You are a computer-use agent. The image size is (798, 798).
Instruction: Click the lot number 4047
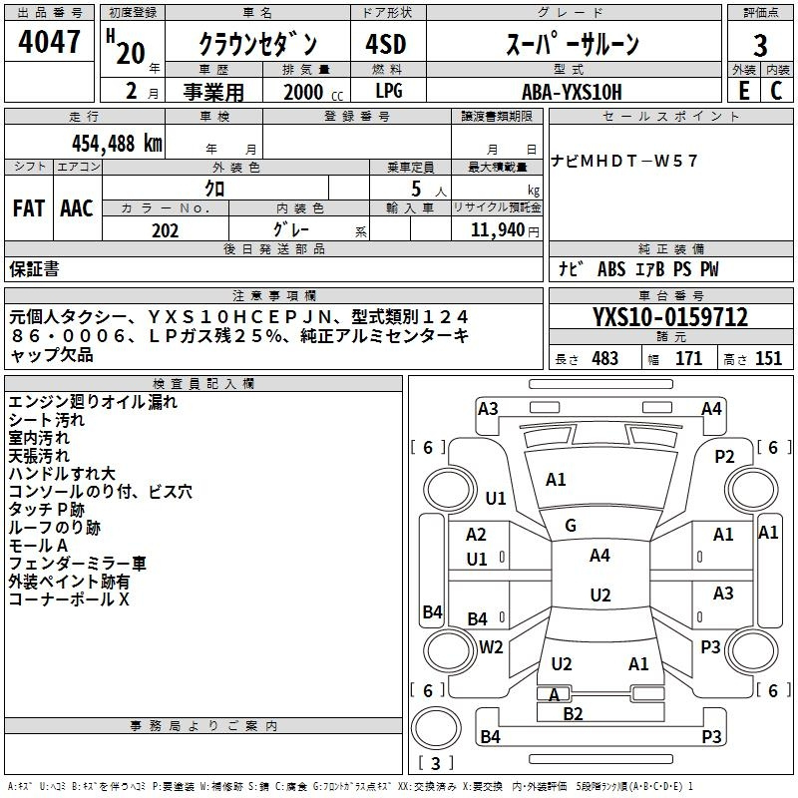[49, 42]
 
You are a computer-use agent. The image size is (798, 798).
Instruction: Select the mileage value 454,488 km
[117, 144]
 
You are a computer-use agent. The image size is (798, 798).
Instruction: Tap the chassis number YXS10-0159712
[670, 317]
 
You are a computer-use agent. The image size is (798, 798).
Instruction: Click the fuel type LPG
[389, 91]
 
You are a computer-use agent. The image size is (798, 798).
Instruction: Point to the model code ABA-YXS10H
[572, 92]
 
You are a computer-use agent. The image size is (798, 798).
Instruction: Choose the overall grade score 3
[760, 46]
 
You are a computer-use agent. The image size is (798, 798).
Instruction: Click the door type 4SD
[386, 44]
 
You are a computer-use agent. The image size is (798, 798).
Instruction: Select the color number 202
[165, 230]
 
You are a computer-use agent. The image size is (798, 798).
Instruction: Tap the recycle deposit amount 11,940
[498, 230]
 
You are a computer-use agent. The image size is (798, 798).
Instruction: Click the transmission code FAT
[29, 208]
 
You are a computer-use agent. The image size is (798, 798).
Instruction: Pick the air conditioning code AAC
[77, 208]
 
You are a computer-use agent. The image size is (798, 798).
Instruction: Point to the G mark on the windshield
[571, 526]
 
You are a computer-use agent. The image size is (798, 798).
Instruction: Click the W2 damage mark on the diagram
[491, 647]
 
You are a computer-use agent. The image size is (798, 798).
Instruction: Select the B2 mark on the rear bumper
[573, 714]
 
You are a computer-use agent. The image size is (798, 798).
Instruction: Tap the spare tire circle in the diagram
[436, 728]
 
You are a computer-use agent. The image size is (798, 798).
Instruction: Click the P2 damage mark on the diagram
[724, 457]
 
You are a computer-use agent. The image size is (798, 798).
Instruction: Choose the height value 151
[768, 358]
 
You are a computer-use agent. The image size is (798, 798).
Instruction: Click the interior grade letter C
[776, 91]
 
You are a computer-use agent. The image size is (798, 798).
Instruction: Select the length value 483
[605, 358]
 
